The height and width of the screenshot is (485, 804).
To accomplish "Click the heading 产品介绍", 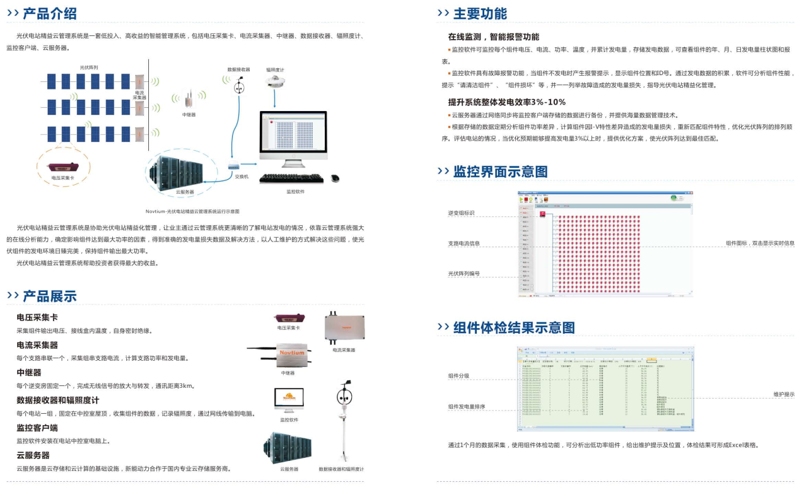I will click(x=50, y=14).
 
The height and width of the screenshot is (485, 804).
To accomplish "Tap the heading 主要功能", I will click(x=480, y=14).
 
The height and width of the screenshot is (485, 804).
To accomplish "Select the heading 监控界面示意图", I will click(x=500, y=172).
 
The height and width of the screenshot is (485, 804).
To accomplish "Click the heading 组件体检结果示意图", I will click(x=514, y=327).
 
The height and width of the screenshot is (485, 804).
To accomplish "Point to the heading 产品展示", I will click(x=50, y=296).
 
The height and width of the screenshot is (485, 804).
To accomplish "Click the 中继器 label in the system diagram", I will click(x=189, y=115).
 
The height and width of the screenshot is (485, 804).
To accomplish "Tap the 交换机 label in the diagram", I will click(x=242, y=177).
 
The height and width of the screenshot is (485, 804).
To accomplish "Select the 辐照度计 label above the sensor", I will click(x=275, y=70).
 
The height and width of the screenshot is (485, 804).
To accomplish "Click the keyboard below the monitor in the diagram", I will click(x=291, y=179).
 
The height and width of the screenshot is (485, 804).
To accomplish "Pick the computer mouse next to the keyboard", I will click(x=335, y=178).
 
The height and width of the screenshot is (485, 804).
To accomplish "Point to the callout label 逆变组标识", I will click(x=461, y=213).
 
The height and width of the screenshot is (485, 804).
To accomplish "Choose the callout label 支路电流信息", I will click(x=463, y=243).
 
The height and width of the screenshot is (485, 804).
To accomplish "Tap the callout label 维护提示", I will click(x=784, y=394).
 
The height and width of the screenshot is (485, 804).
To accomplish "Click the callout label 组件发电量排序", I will click(x=467, y=407).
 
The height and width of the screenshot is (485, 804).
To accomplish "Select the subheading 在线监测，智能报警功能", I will click(x=494, y=37).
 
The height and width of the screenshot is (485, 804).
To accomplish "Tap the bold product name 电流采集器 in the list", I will click(x=37, y=345).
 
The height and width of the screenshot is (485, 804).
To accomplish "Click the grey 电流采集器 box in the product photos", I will click(x=344, y=327).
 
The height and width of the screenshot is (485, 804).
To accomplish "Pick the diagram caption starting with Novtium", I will click(x=193, y=211).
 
